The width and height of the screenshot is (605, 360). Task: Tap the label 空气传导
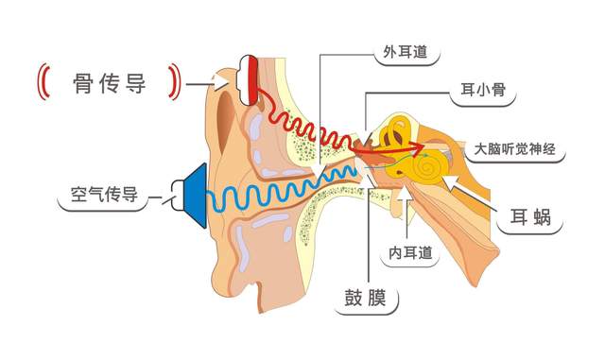[x=105, y=196]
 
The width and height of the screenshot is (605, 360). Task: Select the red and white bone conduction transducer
[x=250, y=79]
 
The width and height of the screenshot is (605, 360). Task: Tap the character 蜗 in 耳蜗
[x=546, y=223]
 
